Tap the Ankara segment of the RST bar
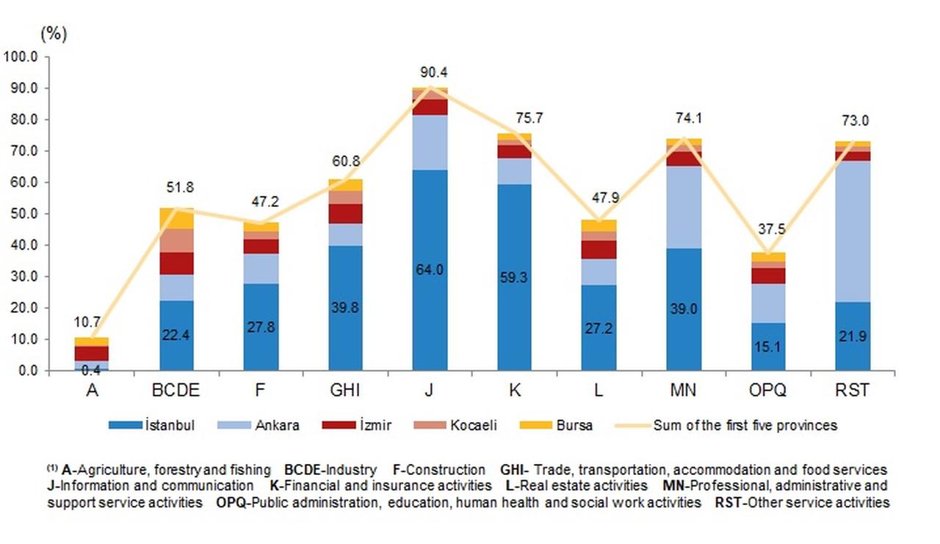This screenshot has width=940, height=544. point(853,231)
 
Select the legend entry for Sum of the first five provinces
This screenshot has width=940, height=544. point(734,425)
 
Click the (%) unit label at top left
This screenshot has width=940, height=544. point(54,34)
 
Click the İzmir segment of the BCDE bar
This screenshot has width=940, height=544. point(176,263)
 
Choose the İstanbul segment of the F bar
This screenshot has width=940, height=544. point(261,327)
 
